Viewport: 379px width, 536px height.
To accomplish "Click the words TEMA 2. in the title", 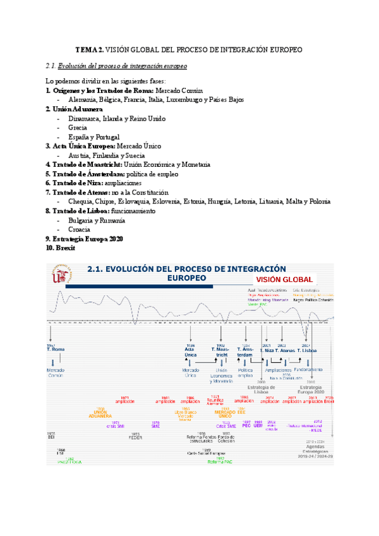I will [x=89, y=49].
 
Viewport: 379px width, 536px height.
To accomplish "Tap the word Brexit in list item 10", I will [x=65, y=248].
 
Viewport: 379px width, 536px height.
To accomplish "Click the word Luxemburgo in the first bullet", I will [x=189, y=100].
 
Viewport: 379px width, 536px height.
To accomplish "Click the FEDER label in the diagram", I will [x=135, y=437].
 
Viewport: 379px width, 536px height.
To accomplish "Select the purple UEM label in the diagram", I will [x=257, y=424].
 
